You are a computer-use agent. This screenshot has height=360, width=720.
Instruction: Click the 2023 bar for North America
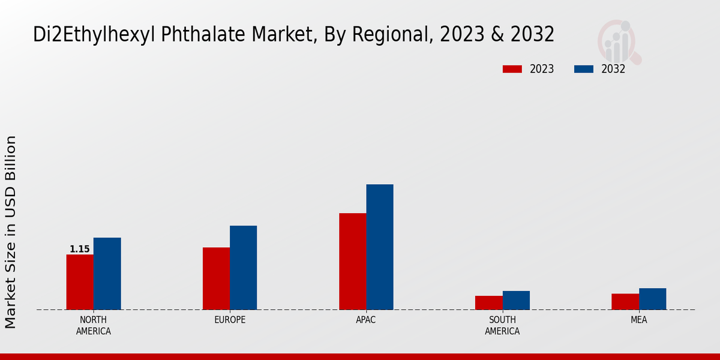(x=80, y=282)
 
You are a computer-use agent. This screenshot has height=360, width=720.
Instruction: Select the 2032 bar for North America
(x=107, y=274)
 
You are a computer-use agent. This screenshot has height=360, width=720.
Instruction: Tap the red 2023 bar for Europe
(x=216, y=278)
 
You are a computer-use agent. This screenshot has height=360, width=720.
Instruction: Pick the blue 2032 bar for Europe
(x=243, y=268)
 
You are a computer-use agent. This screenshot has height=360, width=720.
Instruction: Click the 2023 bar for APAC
(x=352, y=262)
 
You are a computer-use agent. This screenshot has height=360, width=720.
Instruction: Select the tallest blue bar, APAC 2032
(x=380, y=247)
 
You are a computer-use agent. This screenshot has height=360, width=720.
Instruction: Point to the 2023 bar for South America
(x=488, y=302)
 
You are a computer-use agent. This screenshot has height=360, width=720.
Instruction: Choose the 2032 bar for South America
(x=516, y=300)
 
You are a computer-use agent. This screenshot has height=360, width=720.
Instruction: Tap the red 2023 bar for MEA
(x=625, y=301)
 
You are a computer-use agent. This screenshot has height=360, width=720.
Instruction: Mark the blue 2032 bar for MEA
(x=652, y=299)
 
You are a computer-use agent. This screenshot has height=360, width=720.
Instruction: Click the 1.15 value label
(x=80, y=249)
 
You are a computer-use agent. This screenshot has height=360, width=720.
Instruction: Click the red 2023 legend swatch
(x=512, y=69)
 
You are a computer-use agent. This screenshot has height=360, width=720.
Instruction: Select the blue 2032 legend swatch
(x=583, y=69)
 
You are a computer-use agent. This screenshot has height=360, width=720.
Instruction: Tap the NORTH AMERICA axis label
(x=94, y=325)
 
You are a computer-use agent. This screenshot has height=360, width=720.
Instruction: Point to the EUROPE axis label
(x=230, y=320)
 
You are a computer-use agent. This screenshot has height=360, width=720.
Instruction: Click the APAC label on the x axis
(x=366, y=320)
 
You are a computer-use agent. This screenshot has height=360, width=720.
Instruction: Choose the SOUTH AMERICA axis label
(x=502, y=325)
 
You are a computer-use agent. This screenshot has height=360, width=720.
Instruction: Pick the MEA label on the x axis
(x=638, y=320)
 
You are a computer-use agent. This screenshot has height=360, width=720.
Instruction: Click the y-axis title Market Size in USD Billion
(x=11, y=232)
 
